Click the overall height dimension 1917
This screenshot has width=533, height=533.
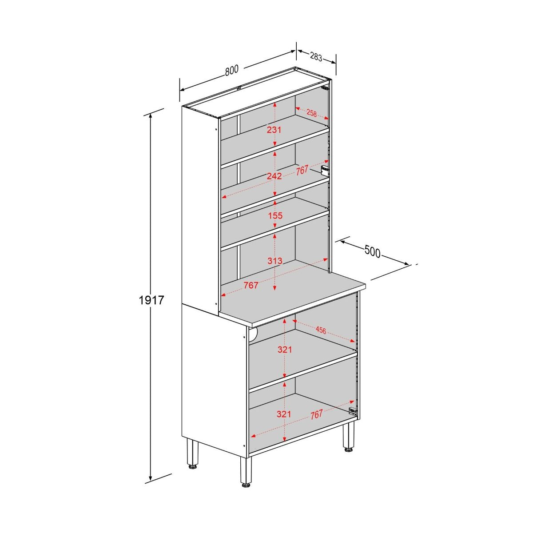click(x=151, y=301)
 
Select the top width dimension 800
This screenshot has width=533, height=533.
click(x=231, y=71)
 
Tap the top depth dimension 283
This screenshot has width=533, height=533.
click(x=316, y=57)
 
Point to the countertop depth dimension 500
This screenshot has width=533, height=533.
click(x=372, y=252)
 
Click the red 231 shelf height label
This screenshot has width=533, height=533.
click(x=274, y=130)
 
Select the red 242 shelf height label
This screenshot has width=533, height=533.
click(x=274, y=176)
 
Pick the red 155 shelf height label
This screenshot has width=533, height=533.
click(x=275, y=216)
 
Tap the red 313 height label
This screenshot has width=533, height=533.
click(x=275, y=261)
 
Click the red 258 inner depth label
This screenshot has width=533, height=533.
click(x=312, y=113)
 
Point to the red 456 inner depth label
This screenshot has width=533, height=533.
click(x=321, y=330)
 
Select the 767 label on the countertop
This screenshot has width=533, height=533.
click(x=251, y=286)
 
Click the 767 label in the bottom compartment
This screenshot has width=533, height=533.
click(x=316, y=415)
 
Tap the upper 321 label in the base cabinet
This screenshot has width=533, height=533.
click(x=284, y=350)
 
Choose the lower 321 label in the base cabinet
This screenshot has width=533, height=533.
click(x=284, y=414)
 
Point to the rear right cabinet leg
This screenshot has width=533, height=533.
click(x=348, y=438)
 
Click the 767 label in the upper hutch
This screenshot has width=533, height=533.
click(x=302, y=170)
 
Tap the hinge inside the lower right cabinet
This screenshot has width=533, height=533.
click(x=353, y=411)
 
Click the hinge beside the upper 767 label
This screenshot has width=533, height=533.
click(x=325, y=171)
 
